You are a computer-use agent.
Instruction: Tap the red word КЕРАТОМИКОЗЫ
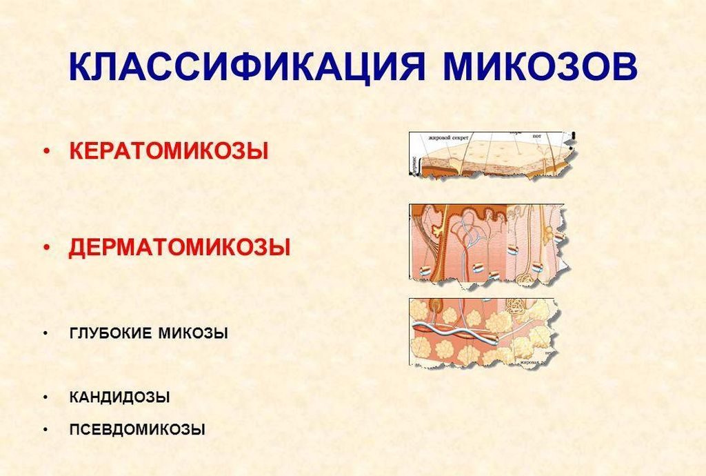click(x=169, y=151)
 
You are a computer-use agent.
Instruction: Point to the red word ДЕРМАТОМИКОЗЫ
click(x=179, y=248)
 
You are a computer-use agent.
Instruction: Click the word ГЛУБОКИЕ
click(x=112, y=333)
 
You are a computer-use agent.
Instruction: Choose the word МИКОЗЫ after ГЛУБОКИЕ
click(x=194, y=333)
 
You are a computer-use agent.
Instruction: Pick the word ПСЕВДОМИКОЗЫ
click(x=137, y=429)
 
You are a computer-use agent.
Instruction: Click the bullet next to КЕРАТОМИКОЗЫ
click(x=46, y=152)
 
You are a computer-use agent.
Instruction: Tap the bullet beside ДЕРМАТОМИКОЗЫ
click(x=46, y=248)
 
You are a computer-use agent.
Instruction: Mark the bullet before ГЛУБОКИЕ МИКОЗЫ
click(x=46, y=334)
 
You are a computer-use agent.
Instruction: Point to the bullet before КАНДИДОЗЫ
click(x=46, y=398)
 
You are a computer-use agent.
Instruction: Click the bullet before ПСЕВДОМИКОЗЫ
click(x=46, y=430)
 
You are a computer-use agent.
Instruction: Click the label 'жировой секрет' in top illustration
click(x=449, y=137)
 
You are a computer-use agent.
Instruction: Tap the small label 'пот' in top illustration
click(x=536, y=137)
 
